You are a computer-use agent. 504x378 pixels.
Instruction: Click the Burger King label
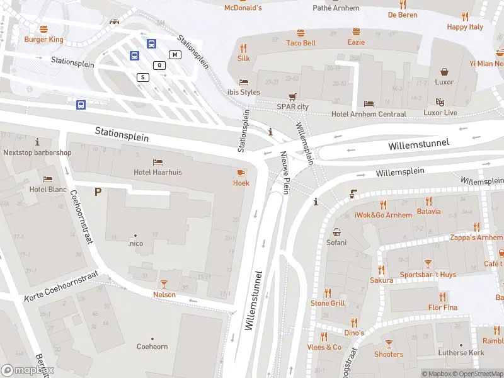click(43, 39)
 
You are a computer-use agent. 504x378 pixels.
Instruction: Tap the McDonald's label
click(243, 8)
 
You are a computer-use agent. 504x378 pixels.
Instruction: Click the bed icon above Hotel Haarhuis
click(157, 162)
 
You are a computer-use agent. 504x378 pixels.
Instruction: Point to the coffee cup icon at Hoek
click(241, 173)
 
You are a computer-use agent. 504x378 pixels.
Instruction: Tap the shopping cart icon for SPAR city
click(292, 97)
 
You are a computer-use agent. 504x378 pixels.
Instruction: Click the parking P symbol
click(98, 192)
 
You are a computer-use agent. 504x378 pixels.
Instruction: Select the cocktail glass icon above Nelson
click(164, 284)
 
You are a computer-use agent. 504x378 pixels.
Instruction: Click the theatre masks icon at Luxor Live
click(440, 102)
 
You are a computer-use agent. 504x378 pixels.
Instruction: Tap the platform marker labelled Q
click(159, 65)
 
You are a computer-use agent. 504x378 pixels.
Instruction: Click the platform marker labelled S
click(144, 77)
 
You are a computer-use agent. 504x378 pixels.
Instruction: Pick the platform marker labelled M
click(175, 55)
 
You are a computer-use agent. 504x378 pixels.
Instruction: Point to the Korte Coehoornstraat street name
click(62, 287)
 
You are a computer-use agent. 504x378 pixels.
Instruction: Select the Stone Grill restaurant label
click(328, 303)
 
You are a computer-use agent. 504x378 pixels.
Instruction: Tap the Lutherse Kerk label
click(461, 353)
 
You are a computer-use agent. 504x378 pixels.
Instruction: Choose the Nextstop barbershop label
click(37, 152)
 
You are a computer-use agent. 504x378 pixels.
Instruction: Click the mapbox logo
click(28, 370)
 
